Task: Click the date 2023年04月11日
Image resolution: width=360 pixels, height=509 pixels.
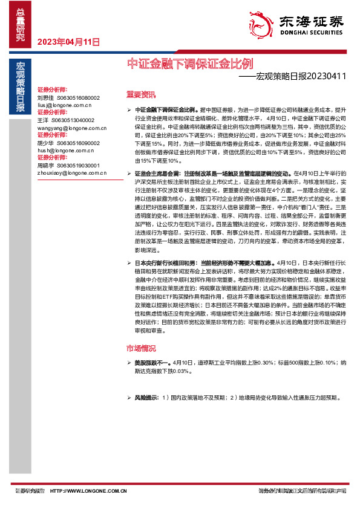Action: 68,42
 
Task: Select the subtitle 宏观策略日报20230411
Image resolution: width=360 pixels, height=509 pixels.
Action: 293,76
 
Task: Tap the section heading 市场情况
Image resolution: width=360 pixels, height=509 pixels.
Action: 141,348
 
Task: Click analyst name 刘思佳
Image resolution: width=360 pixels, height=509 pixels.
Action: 45,97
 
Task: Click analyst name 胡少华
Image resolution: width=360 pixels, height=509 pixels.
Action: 45,144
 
